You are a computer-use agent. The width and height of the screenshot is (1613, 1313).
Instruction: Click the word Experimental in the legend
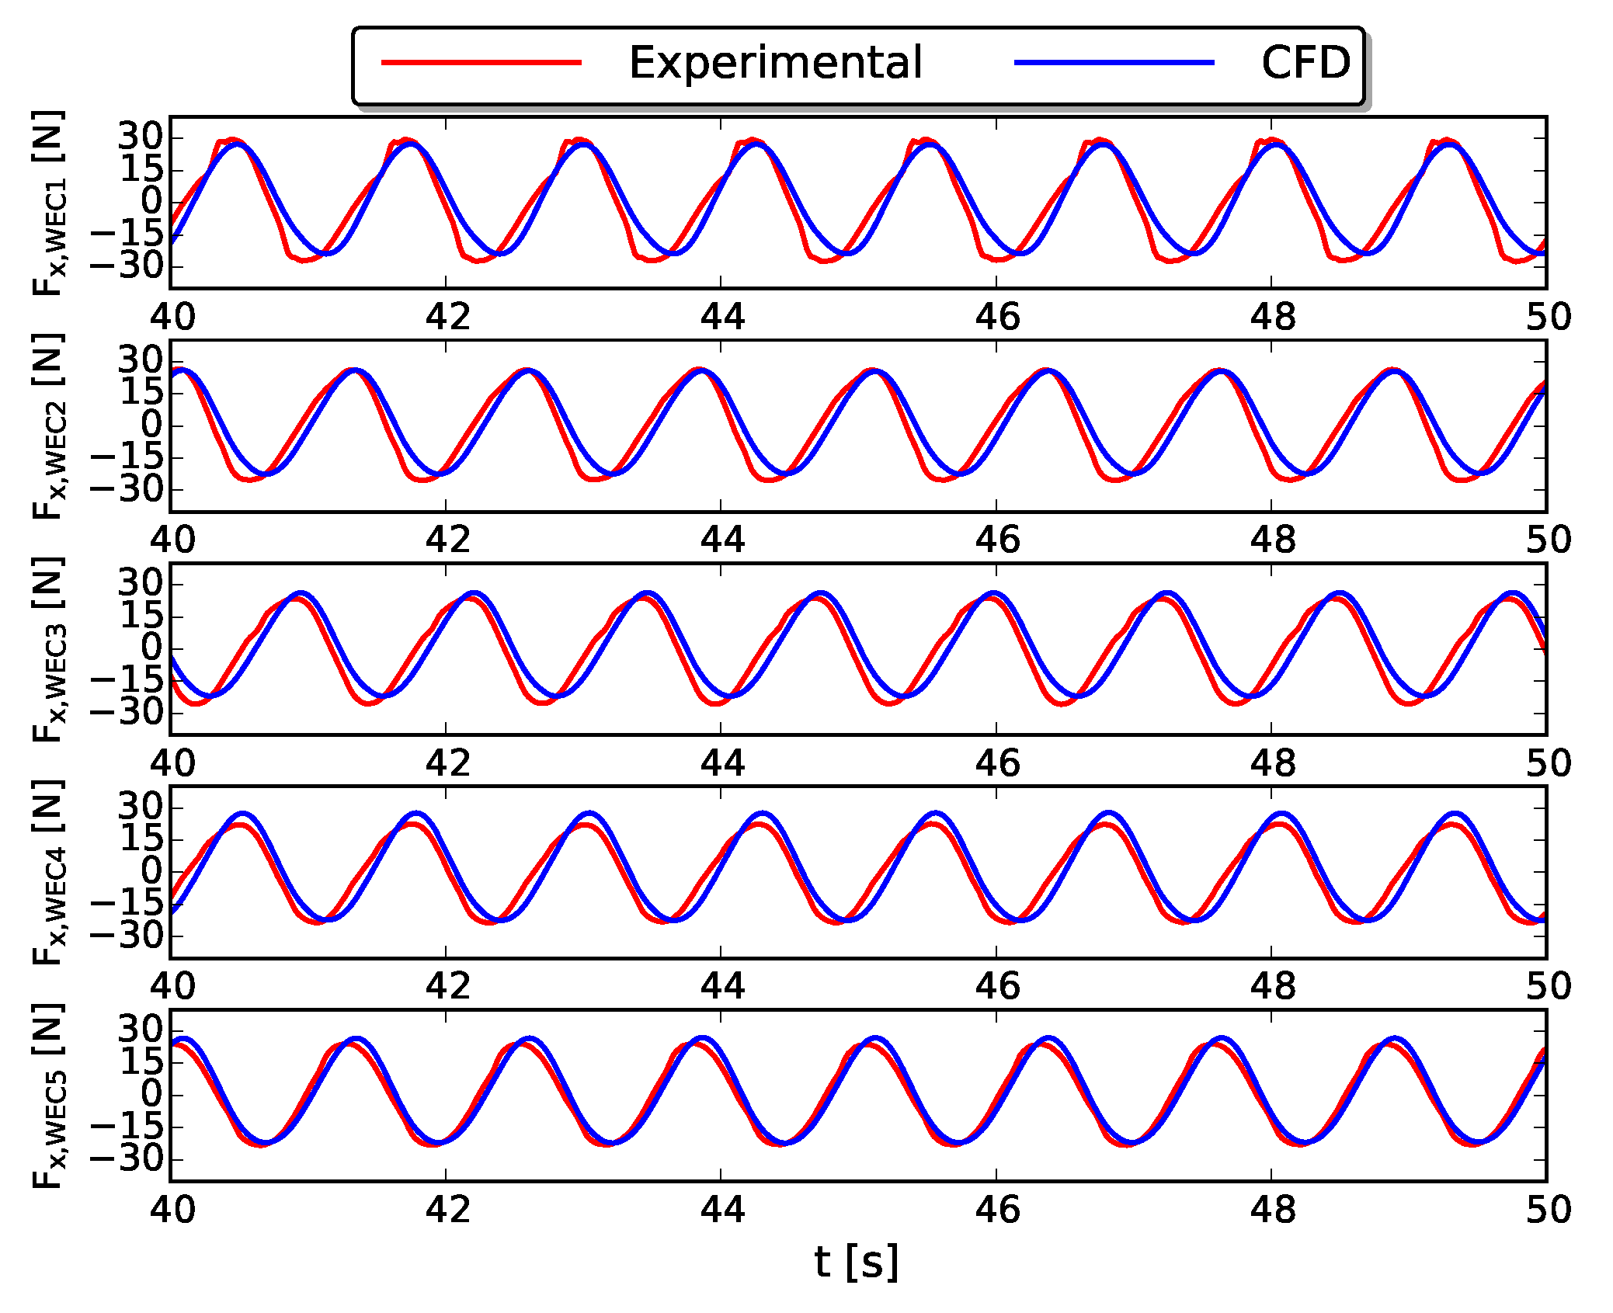pyautogui.click(x=774, y=63)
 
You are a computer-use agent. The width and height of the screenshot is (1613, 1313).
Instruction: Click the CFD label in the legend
pyautogui.click(x=1305, y=63)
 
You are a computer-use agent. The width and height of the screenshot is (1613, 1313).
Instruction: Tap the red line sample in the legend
pyautogui.click(x=481, y=63)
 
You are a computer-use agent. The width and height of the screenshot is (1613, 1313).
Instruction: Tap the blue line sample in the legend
pyautogui.click(x=1114, y=63)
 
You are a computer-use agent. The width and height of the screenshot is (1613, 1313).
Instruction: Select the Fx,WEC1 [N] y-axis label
pyautogui.click(x=48, y=203)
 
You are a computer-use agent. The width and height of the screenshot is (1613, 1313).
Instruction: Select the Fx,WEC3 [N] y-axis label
pyautogui.click(x=48, y=649)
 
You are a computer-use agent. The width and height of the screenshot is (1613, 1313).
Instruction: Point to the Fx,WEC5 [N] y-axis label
pyautogui.click(x=48, y=1096)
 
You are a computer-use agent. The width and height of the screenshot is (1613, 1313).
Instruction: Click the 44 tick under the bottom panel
pyautogui.click(x=721, y=1210)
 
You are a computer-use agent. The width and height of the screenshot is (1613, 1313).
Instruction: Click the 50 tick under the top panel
pyautogui.click(x=1548, y=317)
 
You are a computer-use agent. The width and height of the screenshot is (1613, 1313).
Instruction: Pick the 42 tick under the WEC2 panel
pyautogui.click(x=447, y=540)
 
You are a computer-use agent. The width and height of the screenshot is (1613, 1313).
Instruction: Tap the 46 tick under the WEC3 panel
pyautogui.click(x=997, y=763)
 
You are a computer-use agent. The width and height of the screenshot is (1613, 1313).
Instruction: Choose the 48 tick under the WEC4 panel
pyautogui.click(x=1272, y=986)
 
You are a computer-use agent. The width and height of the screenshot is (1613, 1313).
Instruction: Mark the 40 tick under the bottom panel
pyautogui.click(x=172, y=1210)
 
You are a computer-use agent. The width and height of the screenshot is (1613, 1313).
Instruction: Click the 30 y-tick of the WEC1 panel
pyautogui.click(x=141, y=137)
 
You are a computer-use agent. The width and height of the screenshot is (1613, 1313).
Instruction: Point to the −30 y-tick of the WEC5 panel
pyautogui.click(x=127, y=1159)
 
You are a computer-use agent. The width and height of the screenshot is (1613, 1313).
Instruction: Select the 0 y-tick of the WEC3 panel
pyautogui.click(x=152, y=648)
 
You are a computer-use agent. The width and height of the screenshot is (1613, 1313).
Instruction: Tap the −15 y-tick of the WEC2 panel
pyautogui.click(x=127, y=457)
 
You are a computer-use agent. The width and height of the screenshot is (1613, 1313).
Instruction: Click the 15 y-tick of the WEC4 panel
pyautogui.click(x=141, y=839)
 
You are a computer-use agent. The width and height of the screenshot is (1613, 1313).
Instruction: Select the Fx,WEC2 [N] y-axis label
pyautogui.click(x=48, y=426)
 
